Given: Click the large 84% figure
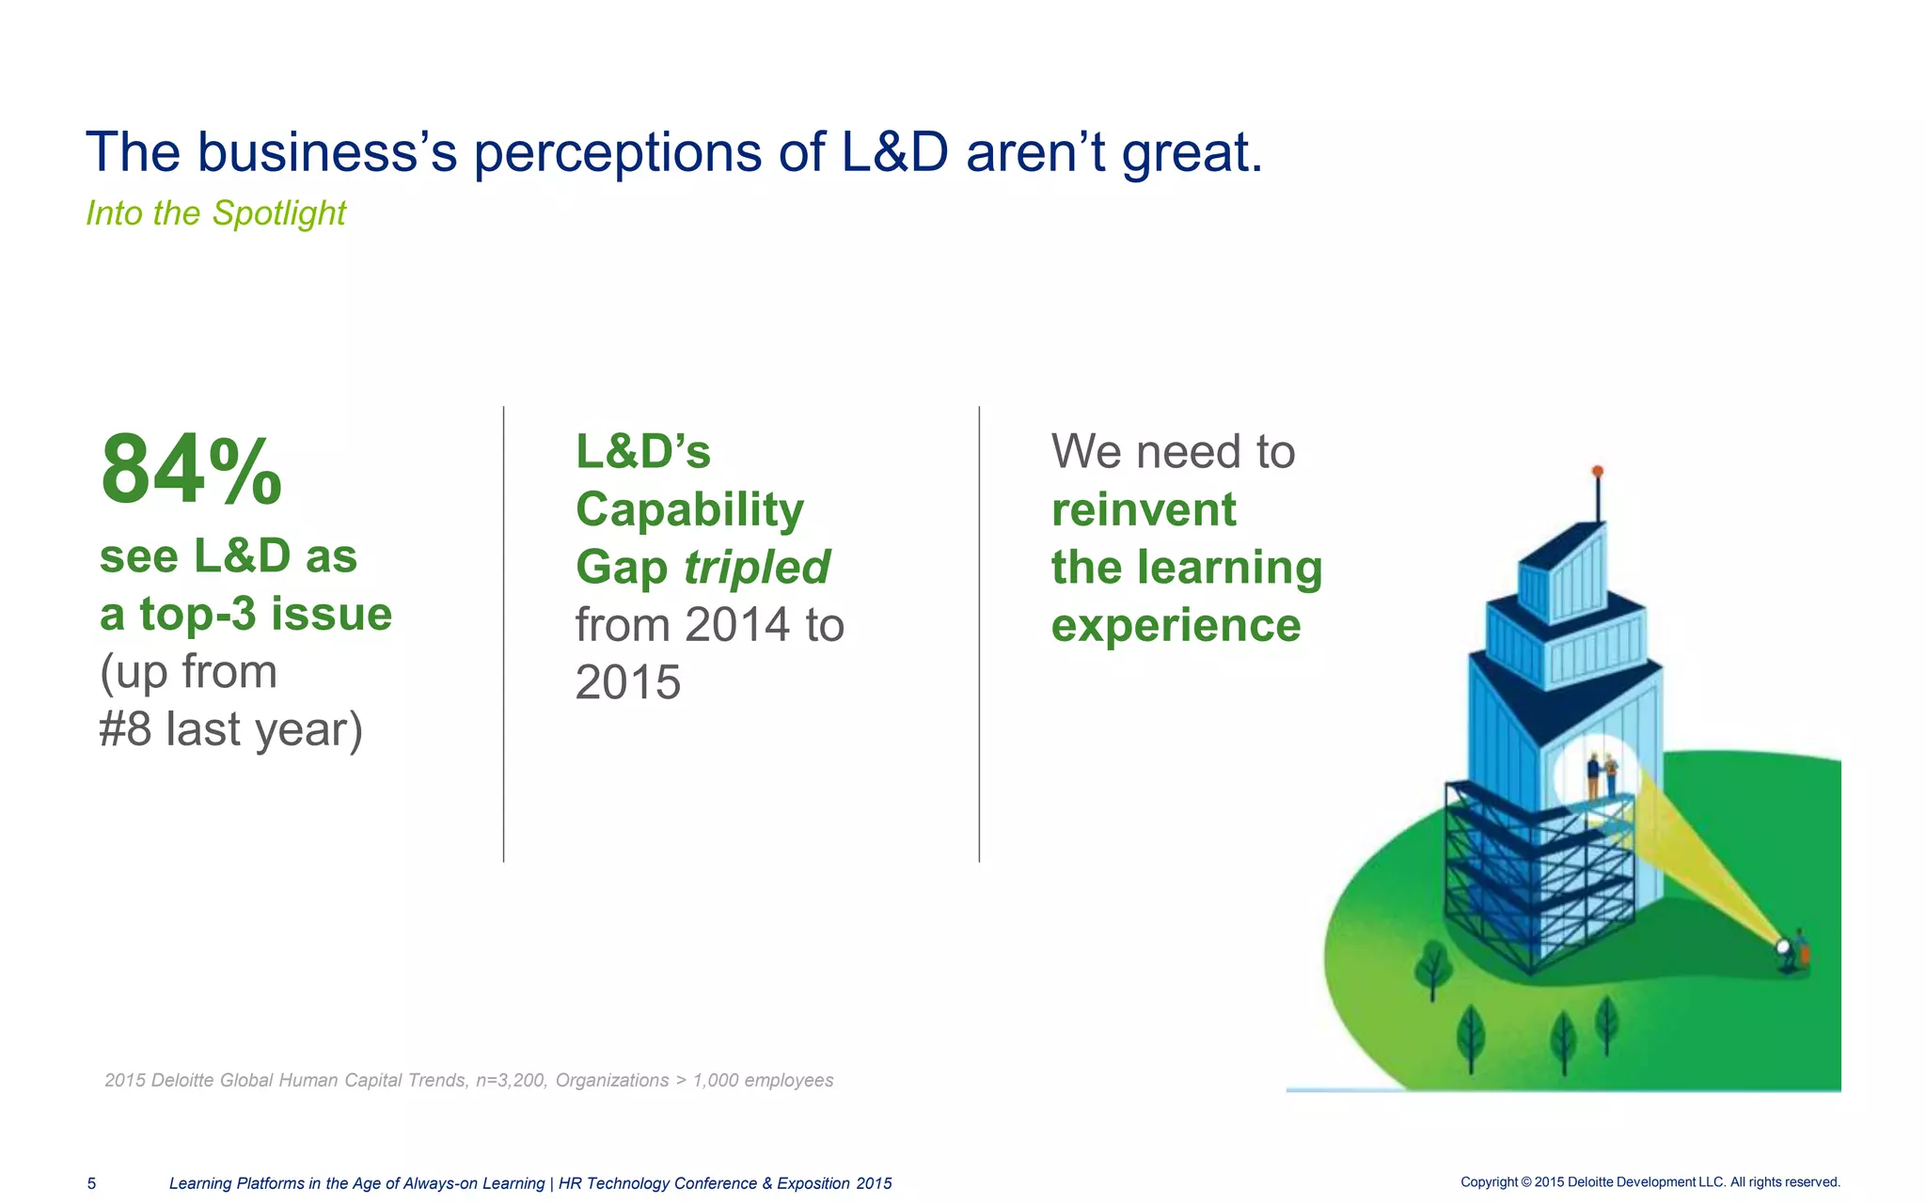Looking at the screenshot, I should pos(191,470).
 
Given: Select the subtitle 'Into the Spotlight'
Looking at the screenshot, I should pos(215,213).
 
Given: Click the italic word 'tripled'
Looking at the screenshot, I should pos(756,568).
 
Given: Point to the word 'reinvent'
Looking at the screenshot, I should pos(1143,510).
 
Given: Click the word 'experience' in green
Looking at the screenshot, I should pos(1176,625).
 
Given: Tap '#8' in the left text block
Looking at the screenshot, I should pos(125,729).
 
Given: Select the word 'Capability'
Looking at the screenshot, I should pos(689,510).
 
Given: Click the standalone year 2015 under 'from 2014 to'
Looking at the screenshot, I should pos(627,683).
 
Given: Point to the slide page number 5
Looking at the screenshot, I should pos(91,1183).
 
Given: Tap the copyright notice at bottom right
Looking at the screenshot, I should pos(1650,1182).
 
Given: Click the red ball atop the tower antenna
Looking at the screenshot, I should pos(1597,471).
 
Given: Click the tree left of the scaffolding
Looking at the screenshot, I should pos(1432,968).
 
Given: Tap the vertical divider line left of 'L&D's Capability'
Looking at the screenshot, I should pos(504,634).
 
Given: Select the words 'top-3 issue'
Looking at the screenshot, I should pos(265,615).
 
